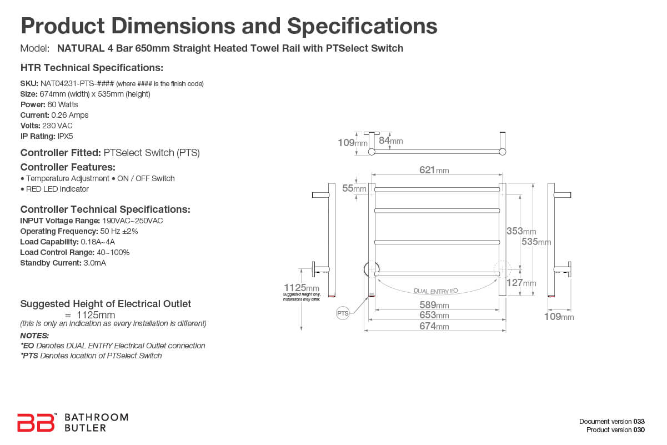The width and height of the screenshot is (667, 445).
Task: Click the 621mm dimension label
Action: point(434,170)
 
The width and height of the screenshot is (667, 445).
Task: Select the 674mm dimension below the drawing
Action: point(434,326)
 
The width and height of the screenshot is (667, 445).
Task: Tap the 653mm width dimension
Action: point(434,316)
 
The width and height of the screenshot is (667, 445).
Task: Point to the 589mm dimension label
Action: point(434,305)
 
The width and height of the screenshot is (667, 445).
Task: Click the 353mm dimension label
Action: point(521,231)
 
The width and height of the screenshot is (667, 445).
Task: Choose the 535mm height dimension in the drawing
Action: point(536,242)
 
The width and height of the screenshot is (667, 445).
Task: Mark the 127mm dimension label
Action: point(521,283)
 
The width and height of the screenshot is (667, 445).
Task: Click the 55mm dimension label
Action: point(354,188)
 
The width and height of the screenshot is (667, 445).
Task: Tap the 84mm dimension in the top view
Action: point(390,141)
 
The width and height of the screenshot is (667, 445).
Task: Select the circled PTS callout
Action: point(343,314)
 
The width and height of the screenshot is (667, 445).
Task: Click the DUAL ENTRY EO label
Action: point(435,291)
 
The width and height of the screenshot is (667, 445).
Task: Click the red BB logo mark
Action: point(36,422)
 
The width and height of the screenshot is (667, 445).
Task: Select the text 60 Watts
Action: point(63,104)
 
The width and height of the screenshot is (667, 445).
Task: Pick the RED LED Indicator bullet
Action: point(54,189)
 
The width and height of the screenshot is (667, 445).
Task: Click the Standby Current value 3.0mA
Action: point(94,263)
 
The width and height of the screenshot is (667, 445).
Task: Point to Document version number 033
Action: point(639,421)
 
